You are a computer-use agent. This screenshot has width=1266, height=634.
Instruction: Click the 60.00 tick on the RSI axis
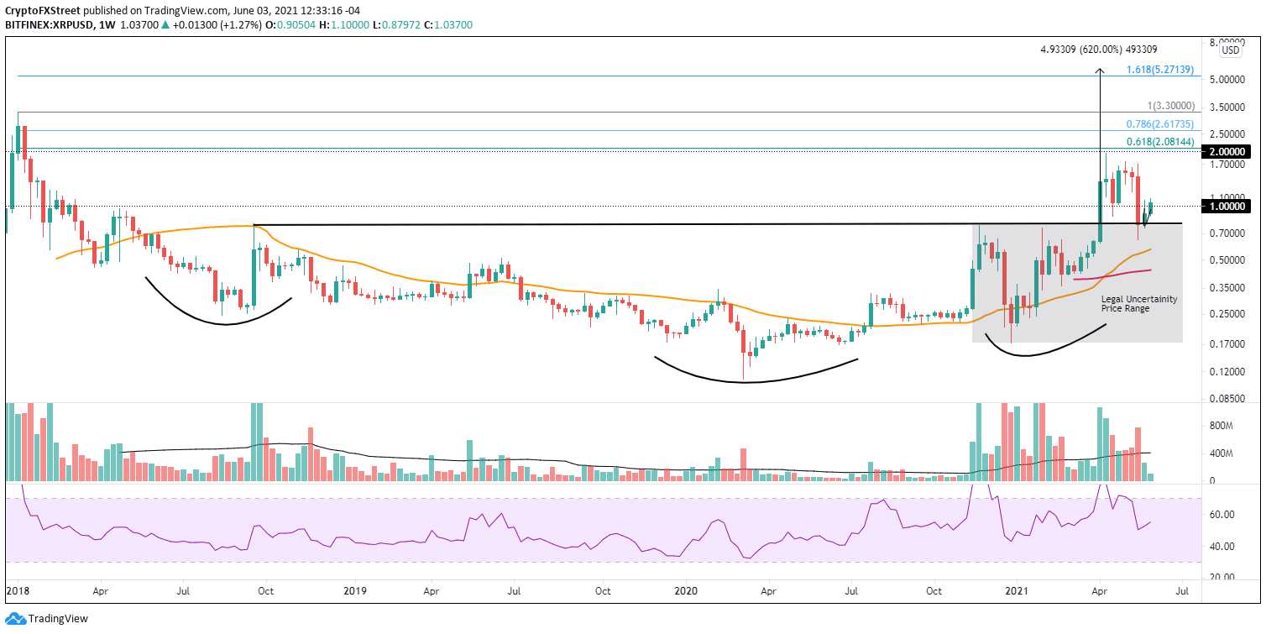click(1222, 514)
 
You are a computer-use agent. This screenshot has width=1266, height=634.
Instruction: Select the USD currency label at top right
click(1230, 50)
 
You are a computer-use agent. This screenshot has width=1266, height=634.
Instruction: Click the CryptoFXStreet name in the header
click(42, 9)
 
